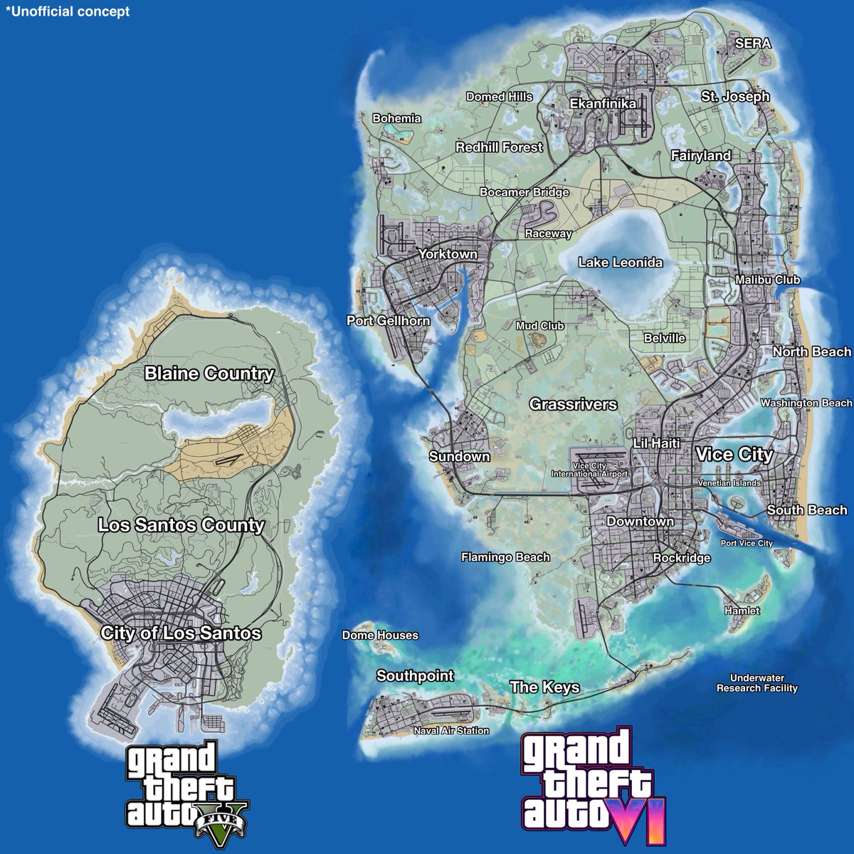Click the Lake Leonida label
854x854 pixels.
click(620, 263)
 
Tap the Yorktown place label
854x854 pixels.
click(448, 254)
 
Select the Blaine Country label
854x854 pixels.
click(209, 374)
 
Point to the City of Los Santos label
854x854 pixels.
click(181, 633)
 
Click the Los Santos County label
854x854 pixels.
click(181, 525)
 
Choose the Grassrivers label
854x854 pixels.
click(573, 404)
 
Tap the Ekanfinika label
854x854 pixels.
click(603, 104)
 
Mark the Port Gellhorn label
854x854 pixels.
click(389, 321)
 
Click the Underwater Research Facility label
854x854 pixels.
click(757, 683)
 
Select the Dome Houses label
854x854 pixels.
click(380, 635)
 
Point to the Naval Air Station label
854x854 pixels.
click(452, 731)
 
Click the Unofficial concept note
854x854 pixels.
click(68, 12)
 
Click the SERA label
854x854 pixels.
click(753, 43)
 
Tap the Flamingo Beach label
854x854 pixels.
click(505, 557)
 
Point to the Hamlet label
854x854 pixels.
click(742, 611)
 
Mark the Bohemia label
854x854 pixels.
click(397, 119)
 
